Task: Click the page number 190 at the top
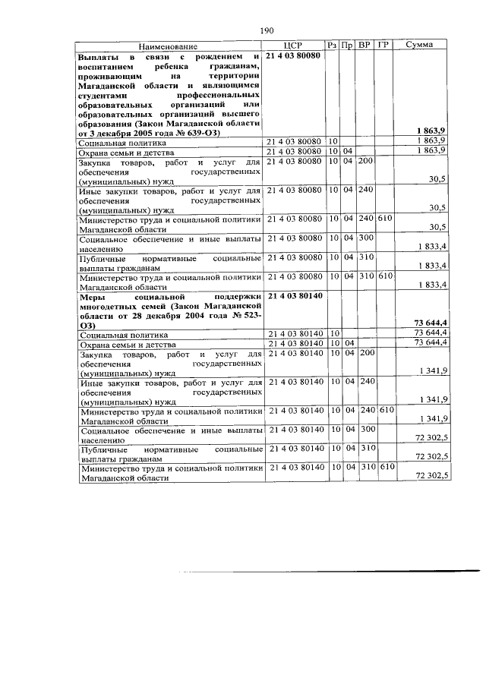coord(267,30)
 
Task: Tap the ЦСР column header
coord(295,46)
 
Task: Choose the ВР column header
coord(365,46)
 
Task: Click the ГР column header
coord(384,46)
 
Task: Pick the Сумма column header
coord(420,46)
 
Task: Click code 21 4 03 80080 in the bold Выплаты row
coord(295,57)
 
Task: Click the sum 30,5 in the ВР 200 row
coord(438,179)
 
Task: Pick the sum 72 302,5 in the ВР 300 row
coord(428,437)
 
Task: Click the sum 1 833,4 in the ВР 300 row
coord(431,247)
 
